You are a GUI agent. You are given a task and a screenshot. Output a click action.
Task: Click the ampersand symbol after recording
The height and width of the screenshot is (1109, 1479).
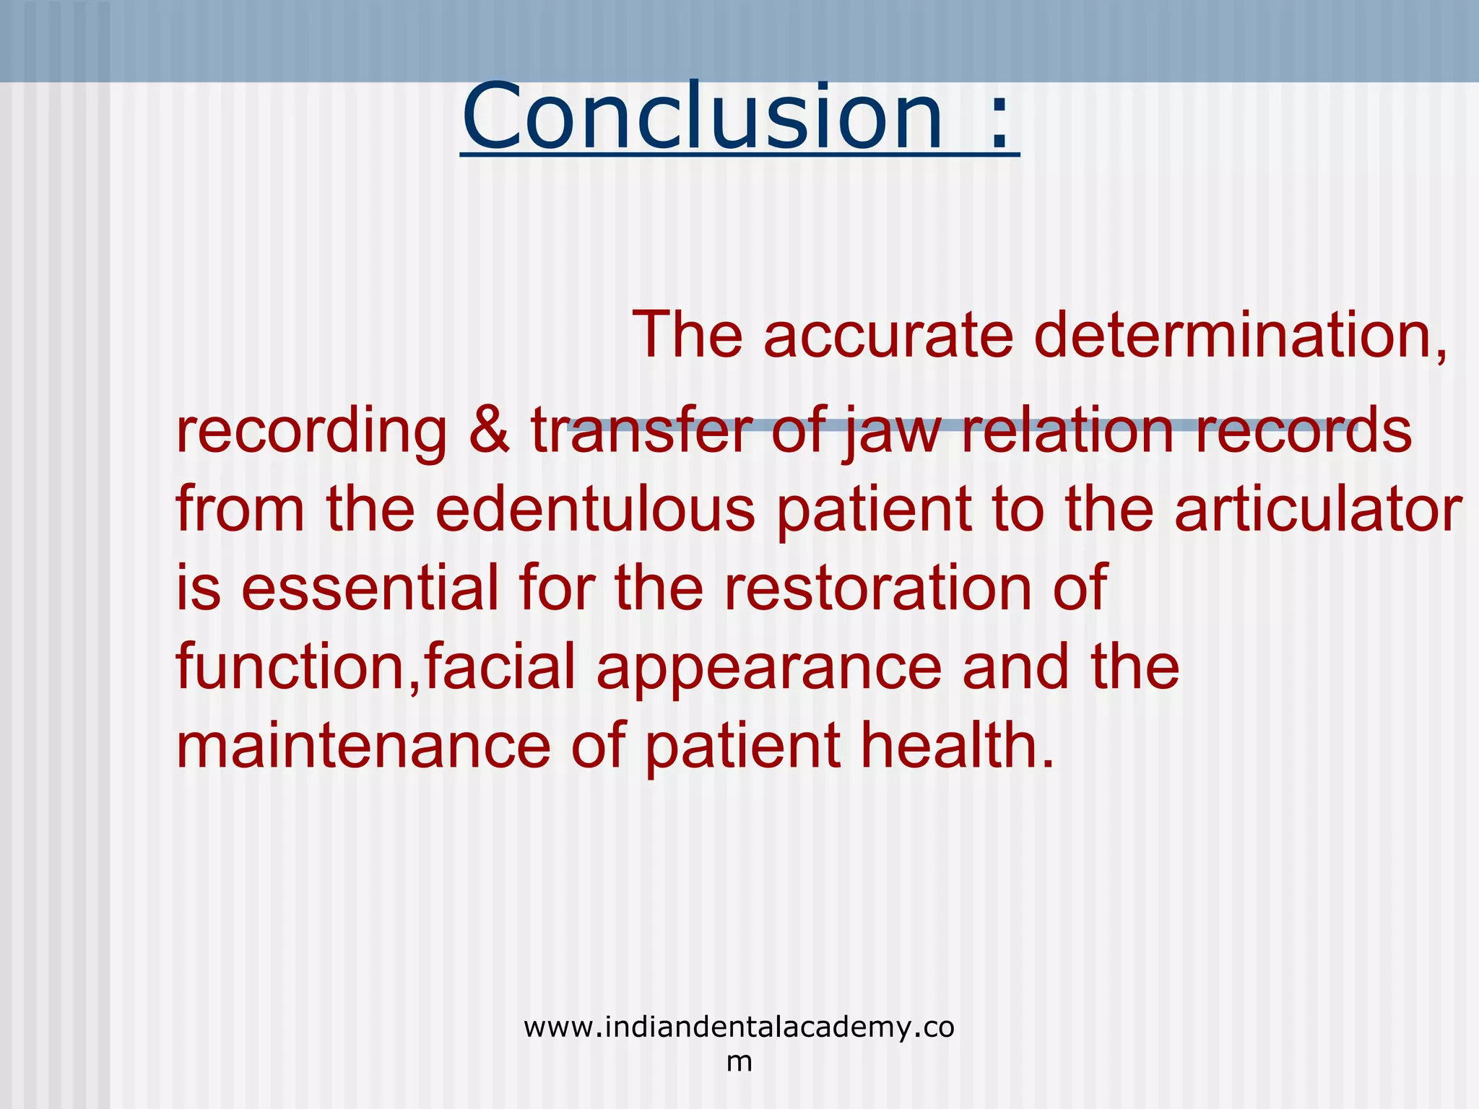[489, 430]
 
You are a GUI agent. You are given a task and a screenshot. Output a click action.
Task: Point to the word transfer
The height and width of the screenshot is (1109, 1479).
[642, 430]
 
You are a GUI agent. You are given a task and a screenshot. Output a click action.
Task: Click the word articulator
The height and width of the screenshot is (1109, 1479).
[1318, 509]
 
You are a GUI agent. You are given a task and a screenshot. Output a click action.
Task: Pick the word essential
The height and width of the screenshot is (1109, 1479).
[370, 588]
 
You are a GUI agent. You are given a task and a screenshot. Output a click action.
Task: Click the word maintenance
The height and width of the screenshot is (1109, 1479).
[363, 746]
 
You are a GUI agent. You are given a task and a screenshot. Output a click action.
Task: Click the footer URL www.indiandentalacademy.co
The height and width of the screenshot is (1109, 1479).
[739, 1027]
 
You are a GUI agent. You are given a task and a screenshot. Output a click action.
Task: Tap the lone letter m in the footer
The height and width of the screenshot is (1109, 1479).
[739, 1061]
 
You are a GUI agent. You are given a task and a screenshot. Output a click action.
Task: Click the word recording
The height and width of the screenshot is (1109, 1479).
[311, 432]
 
